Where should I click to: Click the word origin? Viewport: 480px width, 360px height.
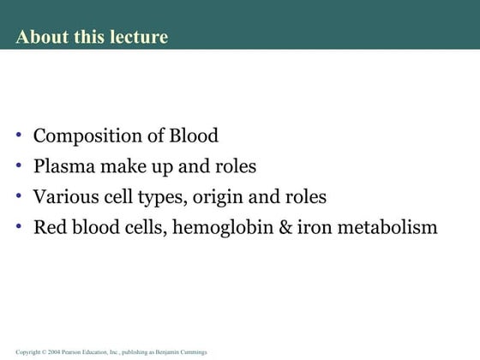(216, 197)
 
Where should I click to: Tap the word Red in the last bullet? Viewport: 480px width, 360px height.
(49, 227)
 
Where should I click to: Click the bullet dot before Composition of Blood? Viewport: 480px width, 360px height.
(20, 135)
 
